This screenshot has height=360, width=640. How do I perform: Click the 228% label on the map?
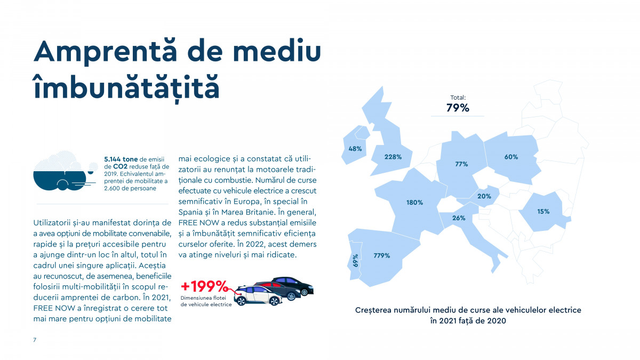tap(393, 157)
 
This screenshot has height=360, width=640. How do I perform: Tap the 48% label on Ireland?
tap(355, 149)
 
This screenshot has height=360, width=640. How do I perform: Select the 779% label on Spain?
tap(381, 255)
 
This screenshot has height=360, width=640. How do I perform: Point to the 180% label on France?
tap(414, 203)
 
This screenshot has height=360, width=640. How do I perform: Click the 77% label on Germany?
tap(461, 164)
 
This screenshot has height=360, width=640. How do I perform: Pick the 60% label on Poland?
tap(511, 157)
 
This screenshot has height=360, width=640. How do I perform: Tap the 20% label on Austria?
tap(484, 196)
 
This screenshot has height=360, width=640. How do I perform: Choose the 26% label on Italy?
tap(459, 218)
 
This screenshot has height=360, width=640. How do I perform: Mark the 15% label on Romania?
tap(543, 212)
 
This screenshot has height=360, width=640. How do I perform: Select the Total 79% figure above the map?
tap(458, 108)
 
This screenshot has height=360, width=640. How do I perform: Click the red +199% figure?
tap(204, 286)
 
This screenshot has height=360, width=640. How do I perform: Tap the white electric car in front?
tap(259, 297)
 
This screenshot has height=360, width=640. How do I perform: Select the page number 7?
tap(35, 340)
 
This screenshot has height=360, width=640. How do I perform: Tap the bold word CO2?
tap(121, 166)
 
